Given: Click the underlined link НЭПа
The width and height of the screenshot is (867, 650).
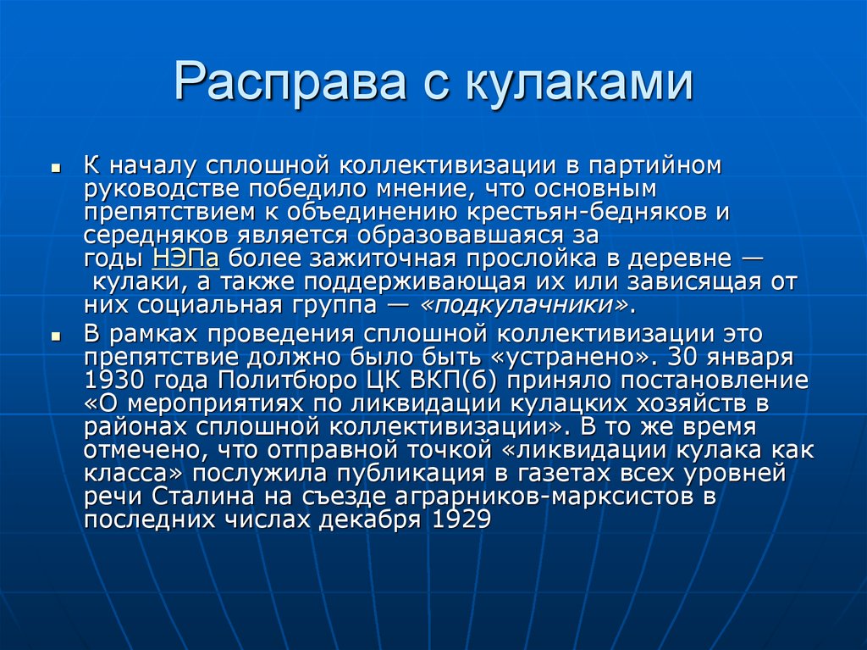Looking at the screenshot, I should pos(189,258).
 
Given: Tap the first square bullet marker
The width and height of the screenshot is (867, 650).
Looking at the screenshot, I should pos(55,168).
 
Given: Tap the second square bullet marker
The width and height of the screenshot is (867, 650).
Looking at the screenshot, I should pos(55,336).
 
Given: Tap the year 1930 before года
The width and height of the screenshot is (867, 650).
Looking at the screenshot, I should pos(116,379).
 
